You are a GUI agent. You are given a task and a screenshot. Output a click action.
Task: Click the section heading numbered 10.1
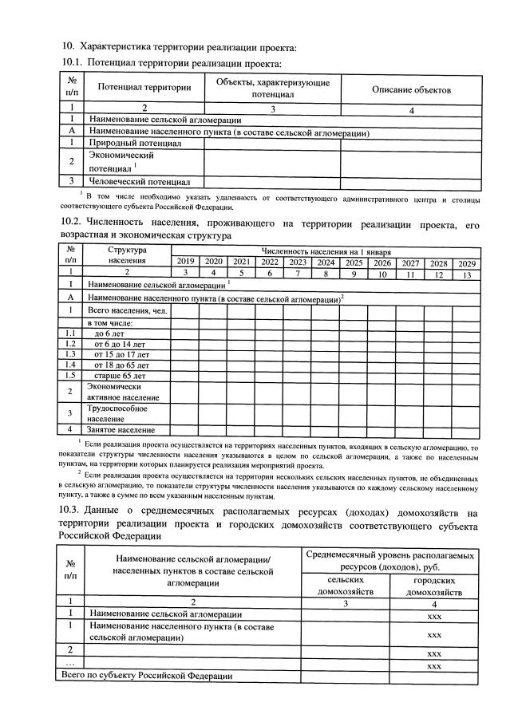172,62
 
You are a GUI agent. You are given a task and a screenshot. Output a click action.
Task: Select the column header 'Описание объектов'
411,89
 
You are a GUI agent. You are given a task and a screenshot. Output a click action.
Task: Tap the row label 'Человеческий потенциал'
139,181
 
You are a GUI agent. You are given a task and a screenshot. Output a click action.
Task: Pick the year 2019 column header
184,262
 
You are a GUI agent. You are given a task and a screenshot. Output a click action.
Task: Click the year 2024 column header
325,262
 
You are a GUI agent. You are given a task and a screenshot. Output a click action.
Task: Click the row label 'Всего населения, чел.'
127,310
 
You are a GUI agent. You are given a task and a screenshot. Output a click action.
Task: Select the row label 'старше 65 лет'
119,375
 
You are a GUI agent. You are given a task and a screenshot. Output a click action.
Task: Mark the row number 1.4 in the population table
70,365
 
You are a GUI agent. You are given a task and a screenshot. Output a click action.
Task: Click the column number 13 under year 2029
466,274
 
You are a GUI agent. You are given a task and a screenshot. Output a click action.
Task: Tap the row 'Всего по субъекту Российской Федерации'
148,676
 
